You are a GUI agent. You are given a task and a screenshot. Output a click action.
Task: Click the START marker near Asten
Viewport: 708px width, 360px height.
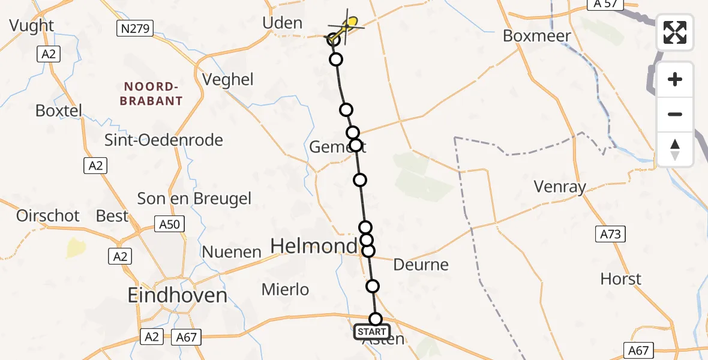371,332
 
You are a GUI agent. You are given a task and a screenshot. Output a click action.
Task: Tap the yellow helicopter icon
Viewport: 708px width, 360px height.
347,26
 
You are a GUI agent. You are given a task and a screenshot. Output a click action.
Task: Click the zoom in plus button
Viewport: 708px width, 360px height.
675,80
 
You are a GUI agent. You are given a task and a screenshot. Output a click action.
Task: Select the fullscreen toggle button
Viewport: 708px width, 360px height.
675,32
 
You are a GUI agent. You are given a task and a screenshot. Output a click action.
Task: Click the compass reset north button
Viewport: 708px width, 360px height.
675,149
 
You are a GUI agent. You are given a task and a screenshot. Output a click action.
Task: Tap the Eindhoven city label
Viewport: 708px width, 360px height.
177,295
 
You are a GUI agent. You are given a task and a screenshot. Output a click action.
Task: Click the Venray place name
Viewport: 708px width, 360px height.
560,187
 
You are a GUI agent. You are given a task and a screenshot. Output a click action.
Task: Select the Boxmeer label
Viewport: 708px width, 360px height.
536,35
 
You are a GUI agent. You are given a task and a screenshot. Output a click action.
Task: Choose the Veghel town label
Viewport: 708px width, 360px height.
228,80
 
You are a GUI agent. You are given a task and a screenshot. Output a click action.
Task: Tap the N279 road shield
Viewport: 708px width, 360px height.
134,28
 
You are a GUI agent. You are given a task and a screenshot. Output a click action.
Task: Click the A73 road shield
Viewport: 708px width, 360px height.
610,234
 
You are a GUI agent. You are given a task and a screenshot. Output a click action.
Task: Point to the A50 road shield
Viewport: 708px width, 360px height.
169,224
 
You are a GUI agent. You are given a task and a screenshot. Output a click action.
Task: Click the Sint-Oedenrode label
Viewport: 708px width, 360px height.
163,140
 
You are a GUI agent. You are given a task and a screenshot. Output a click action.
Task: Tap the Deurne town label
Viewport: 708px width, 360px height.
421,265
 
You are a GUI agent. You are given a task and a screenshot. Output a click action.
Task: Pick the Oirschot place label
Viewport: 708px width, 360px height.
48,216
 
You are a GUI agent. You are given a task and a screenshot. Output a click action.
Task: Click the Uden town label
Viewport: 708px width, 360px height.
282,23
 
